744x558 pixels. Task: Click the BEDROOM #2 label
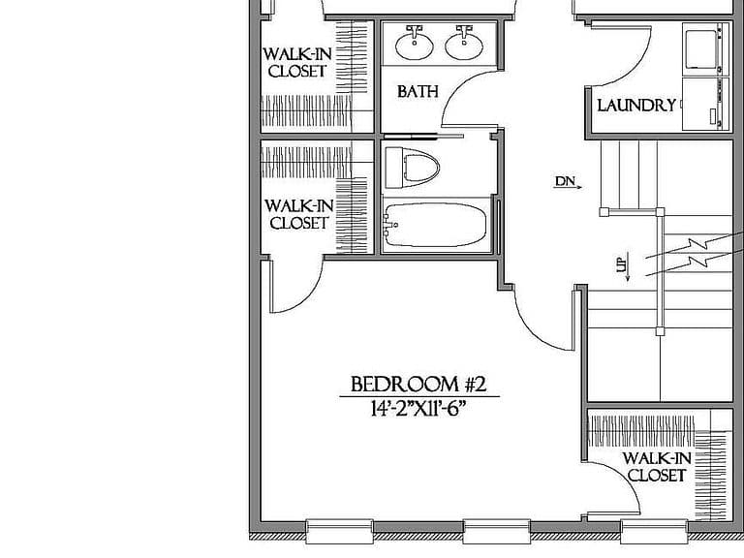point(418,384)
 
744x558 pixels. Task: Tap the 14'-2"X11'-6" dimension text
point(418,408)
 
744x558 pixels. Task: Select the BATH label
point(418,91)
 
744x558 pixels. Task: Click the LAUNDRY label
point(636,105)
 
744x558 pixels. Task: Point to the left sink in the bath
point(415,44)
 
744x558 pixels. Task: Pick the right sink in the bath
point(464,44)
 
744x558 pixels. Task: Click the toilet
point(412,168)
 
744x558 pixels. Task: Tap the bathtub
point(435,225)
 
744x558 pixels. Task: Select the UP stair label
point(623,265)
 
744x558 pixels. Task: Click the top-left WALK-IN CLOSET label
point(297,62)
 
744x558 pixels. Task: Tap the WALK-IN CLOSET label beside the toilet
point(299,214)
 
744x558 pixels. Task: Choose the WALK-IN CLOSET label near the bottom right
point(657,466)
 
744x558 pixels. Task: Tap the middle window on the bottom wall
point(496,531)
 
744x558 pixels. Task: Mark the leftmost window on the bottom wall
point(339,531)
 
